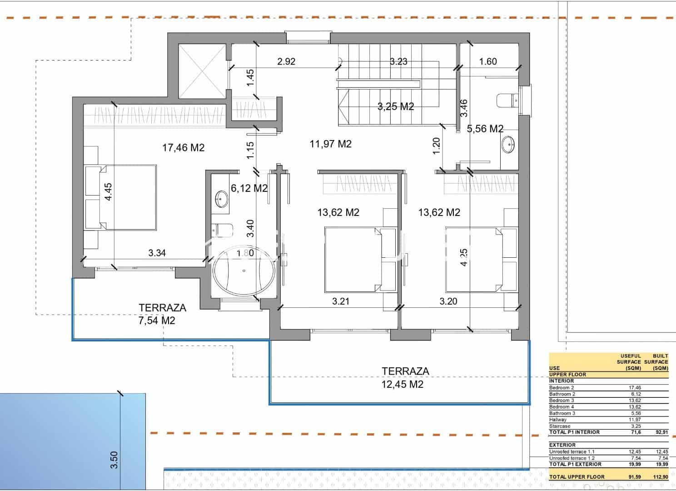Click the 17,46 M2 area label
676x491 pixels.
point(183,147)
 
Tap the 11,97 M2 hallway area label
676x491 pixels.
point(330,144)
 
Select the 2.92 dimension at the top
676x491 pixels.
point(286,61)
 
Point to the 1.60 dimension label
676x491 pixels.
point(488,61)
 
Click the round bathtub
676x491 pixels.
point(244,271)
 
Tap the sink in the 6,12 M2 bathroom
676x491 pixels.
point(222,199)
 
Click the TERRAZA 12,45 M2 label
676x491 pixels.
point(405,378)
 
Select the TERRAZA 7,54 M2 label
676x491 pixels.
point(162,314)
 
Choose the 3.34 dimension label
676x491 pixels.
point(157,253)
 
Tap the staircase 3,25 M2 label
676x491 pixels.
point(396,107)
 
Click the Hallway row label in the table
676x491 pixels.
point(557,420)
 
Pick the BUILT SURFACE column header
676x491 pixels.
point(656,362)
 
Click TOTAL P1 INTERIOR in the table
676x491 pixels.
point(574,432)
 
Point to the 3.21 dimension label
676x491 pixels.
point(341,301)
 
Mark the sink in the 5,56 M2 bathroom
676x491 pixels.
point(508,145)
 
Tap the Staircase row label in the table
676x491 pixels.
point(559,426)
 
